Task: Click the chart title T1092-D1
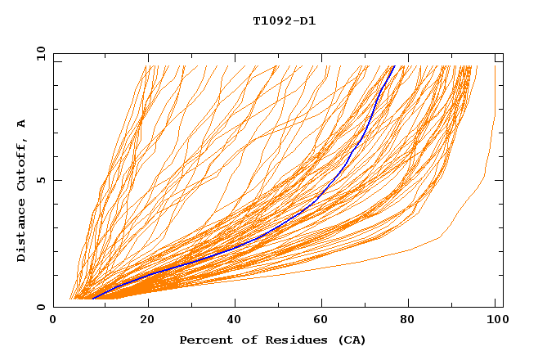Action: coord(284,20)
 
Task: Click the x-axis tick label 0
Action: coord(54,321)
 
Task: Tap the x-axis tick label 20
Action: coord(147,321)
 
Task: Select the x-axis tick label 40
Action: coord(235,321)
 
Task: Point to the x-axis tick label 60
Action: coord(324,321)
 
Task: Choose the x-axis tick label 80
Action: coord(412,321)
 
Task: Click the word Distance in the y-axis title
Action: coord(21,232)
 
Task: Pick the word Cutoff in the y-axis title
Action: coord(21,164)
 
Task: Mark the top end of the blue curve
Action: coord(394,66)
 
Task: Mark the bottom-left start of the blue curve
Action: coord(93,298)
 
